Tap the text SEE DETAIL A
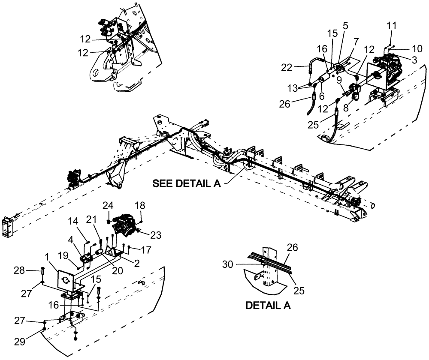186,184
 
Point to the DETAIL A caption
268,306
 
